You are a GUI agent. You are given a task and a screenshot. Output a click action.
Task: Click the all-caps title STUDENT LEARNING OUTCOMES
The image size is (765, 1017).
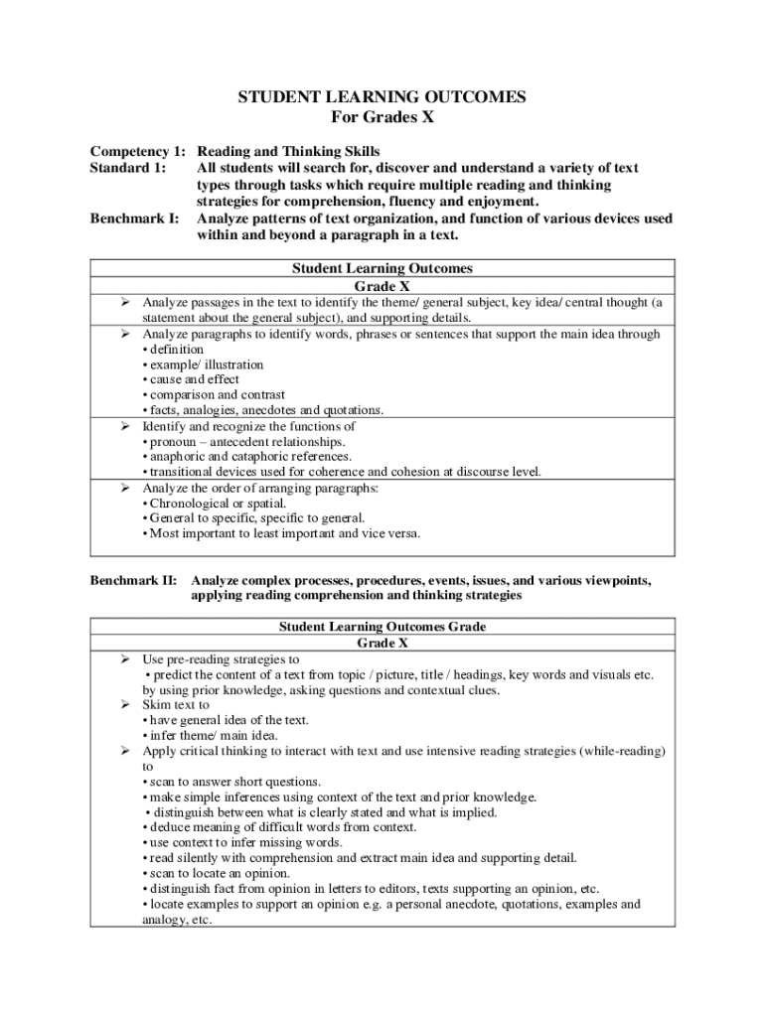click(x=382, y=97)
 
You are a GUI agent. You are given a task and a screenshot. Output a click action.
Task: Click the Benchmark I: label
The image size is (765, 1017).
click(x=134, y=218)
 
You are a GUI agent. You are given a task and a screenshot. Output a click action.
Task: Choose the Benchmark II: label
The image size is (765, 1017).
click(x=134, y=580)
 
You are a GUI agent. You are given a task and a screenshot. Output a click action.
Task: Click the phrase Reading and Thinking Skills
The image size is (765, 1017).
click(x=288, y=152)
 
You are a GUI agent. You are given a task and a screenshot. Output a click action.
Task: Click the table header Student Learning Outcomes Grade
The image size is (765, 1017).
click(x=382, y=628)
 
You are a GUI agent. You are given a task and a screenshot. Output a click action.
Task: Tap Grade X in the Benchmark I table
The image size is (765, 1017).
click(x=382, y=285)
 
